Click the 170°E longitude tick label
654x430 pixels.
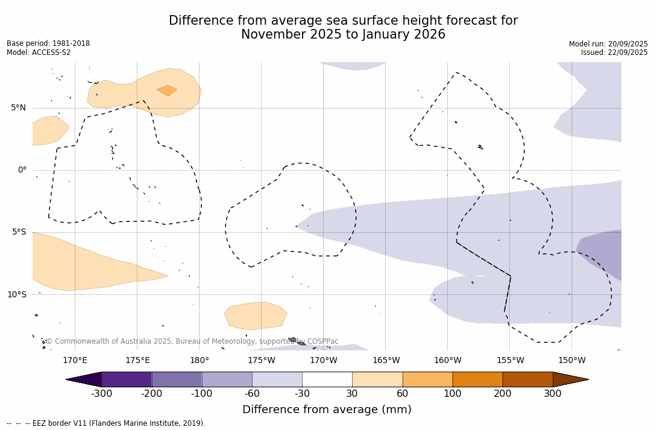(75, 361)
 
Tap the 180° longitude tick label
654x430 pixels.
(199, 361)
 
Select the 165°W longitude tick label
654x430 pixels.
(386, 361)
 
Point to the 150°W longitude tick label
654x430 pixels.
(571, 361)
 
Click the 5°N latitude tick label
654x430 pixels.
(18, 108)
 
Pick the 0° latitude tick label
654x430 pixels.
(22, 170)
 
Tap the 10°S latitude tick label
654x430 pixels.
(16, 295)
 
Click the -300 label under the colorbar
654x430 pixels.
(101, 394)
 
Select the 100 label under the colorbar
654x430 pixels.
(452, 394)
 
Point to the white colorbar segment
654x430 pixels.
(327, 379)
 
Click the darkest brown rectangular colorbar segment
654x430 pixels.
(527, 379)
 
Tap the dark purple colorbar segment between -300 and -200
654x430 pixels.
(127, 379)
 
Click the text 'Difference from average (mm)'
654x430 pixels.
(327, 410)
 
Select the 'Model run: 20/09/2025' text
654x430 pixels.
(608, 44)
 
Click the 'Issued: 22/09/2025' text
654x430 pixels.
(614, 52)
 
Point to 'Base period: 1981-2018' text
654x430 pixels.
(48, 44)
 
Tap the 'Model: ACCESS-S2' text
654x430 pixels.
(39, 52)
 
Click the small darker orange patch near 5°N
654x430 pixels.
(167, 90)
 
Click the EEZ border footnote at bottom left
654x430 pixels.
(106, 423)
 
